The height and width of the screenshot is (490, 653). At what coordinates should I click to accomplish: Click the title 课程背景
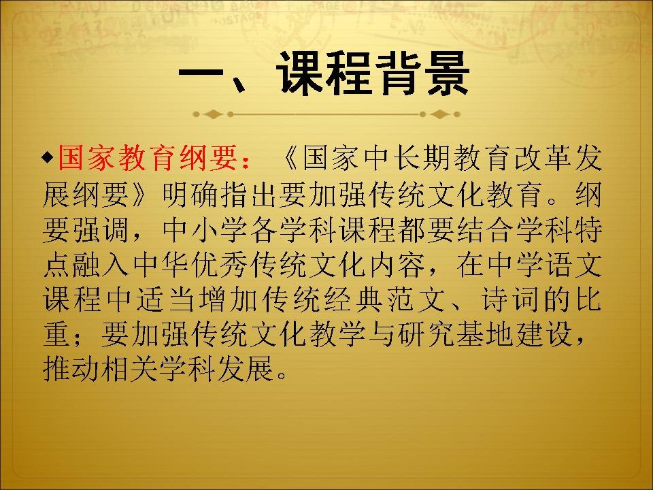pyautogui.click(x=373, y=74)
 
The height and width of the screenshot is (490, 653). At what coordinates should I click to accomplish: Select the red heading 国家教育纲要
pyautogui.click(x=147, y=158)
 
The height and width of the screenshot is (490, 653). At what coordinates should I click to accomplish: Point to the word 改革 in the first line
pyautogui.click(x=543, y=158)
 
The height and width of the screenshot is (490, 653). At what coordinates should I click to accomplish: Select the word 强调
pyautogui.click(x=101, y=229)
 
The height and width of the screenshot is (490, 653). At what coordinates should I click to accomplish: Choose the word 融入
pyautogui.click(x=101, y=265)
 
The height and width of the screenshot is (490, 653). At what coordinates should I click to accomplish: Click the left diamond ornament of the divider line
pyautogui.click(x=213, y=114)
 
